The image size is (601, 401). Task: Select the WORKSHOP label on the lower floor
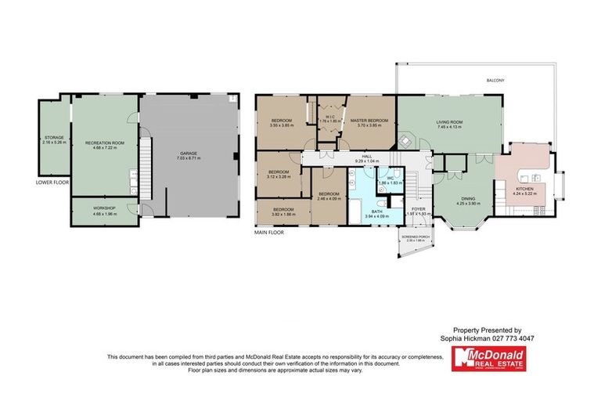coord(103,208)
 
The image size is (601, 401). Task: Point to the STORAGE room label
coord(54,138)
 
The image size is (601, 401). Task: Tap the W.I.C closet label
coord(329,120)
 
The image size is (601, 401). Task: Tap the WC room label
coord(389,178)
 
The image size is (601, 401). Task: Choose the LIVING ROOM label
coord(450,122)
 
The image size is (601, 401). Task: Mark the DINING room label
coord(468,200)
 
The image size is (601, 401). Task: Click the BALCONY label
coord(495,81)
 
